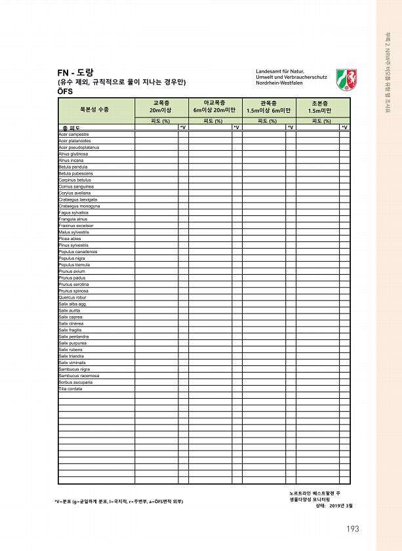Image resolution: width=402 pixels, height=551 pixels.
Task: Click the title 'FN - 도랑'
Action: click(x=76, y=71)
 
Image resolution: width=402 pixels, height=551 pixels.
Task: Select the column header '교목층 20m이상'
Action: click(x=161, y=107)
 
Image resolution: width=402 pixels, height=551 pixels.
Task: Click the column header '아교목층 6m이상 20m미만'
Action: click(x=214, y=107)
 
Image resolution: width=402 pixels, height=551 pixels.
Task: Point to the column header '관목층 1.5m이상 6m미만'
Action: click(x=268, y=107)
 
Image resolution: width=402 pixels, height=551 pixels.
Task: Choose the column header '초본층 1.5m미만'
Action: click(x=322, y=107)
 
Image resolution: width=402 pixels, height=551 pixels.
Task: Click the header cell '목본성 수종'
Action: click(x=95, y=108)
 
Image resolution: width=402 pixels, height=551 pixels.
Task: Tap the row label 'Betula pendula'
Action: click(x=73, y=167)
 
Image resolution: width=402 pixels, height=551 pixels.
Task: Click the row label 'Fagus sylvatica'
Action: click(x=73, y=213)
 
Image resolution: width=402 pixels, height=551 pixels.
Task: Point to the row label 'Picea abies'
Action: click(x=70, y=239)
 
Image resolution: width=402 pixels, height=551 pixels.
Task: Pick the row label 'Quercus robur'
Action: click(x=72, y=298)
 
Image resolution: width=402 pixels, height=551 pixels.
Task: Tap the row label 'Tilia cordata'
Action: click(x=70, y=389)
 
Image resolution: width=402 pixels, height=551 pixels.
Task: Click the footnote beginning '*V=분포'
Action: click(x=119, y=502)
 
